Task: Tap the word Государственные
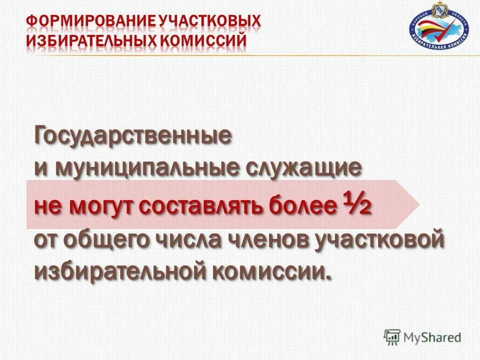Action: click(133, 136)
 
